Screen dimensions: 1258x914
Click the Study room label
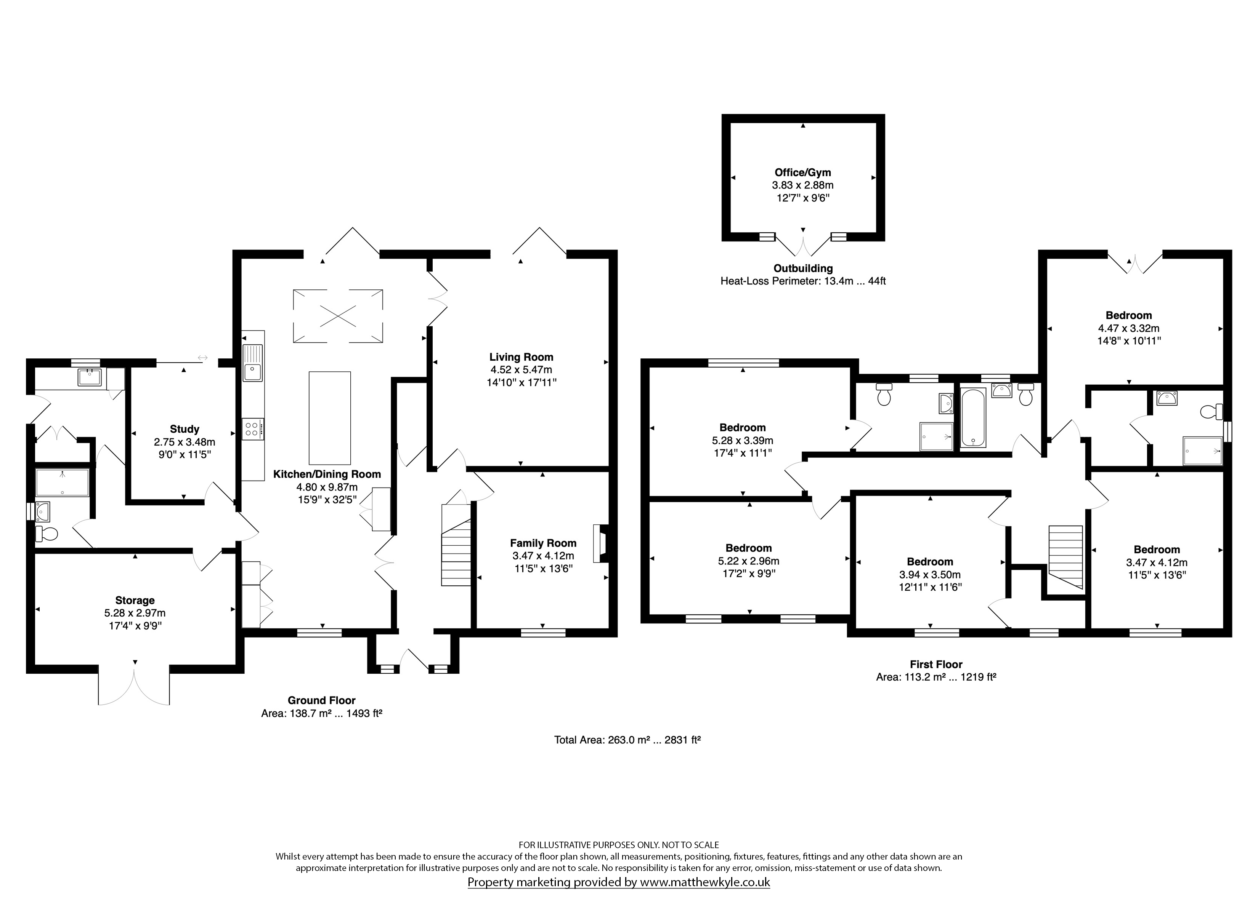[184, 429]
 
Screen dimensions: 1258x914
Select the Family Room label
[543, 543]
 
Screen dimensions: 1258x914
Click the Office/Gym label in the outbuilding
[802, 173]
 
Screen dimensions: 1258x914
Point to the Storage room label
[135, 600]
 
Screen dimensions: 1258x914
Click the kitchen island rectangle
[329, 418]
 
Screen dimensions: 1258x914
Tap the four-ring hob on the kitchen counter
[252, 429]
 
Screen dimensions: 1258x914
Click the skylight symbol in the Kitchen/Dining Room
[338, 316]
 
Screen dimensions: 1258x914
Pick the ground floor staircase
[456, 545]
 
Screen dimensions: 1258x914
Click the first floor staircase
[1065, 557]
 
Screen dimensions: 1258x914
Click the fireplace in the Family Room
[600, 543]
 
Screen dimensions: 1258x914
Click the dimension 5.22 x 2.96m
[748, 561]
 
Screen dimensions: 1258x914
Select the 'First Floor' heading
[936, 664]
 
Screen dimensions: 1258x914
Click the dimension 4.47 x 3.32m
[1129, 328]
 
